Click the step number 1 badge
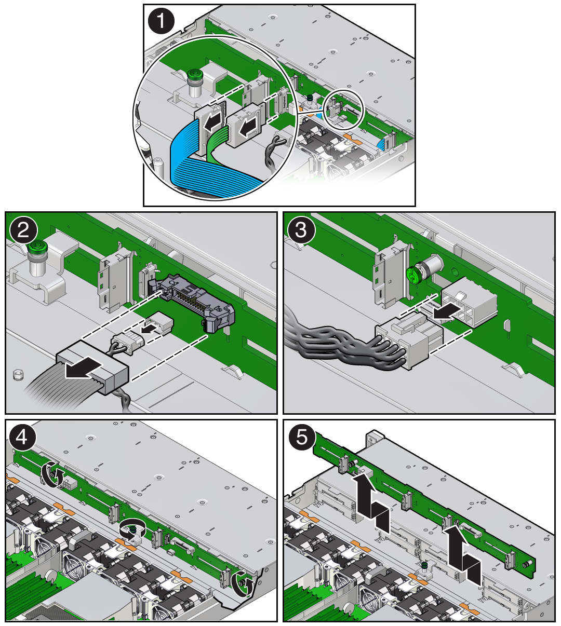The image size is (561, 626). point(161,21)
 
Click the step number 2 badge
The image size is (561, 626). point(23,230)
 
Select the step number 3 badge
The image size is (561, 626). point(301,230)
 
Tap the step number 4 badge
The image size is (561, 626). point(22,438)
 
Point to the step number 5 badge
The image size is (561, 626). point(302,438)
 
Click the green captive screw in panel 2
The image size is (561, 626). point(35,249)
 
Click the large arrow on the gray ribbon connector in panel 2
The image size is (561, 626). point(84,367)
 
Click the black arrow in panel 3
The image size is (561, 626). point(446,311)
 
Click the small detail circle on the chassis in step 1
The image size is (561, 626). point(344,110)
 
